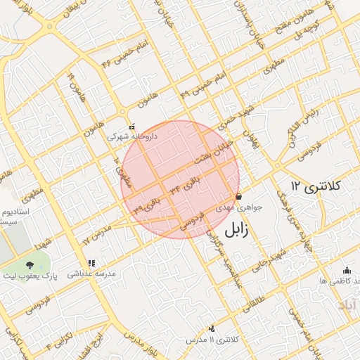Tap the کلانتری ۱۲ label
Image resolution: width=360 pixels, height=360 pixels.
tap(315, 186)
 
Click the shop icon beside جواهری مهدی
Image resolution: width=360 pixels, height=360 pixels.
tap(239, 197)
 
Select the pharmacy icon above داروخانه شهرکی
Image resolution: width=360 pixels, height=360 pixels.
tap(131, 127)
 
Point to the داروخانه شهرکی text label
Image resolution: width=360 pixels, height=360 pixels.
tap(131, 137)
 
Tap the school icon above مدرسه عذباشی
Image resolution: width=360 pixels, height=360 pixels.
tap(91, 263)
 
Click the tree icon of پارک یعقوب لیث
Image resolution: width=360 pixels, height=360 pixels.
tap(30, 265)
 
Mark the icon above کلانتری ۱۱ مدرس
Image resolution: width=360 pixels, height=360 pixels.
tap(212, 328)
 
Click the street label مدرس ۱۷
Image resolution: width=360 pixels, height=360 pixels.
tap(97, 235)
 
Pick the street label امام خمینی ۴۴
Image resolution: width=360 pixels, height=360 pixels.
tap(117, 55)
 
